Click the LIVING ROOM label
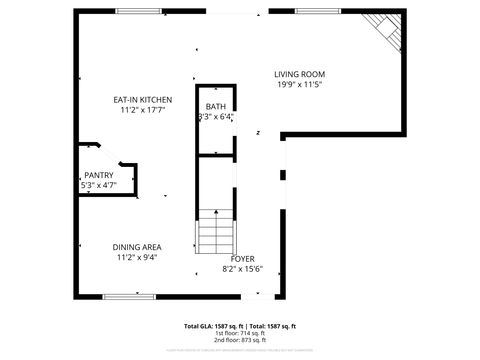[300, 74]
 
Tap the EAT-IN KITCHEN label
[141, 100]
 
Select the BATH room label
[216, 106]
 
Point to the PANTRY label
[98, 175]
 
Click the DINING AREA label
[137, 247]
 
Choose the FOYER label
[243, 258]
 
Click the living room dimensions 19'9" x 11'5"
[300, 85]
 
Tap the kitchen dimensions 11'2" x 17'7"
[141, 110]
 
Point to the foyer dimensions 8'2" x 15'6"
[243, 268]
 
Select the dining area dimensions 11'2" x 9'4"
[137, 257]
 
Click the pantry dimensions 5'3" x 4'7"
[98, 185]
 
